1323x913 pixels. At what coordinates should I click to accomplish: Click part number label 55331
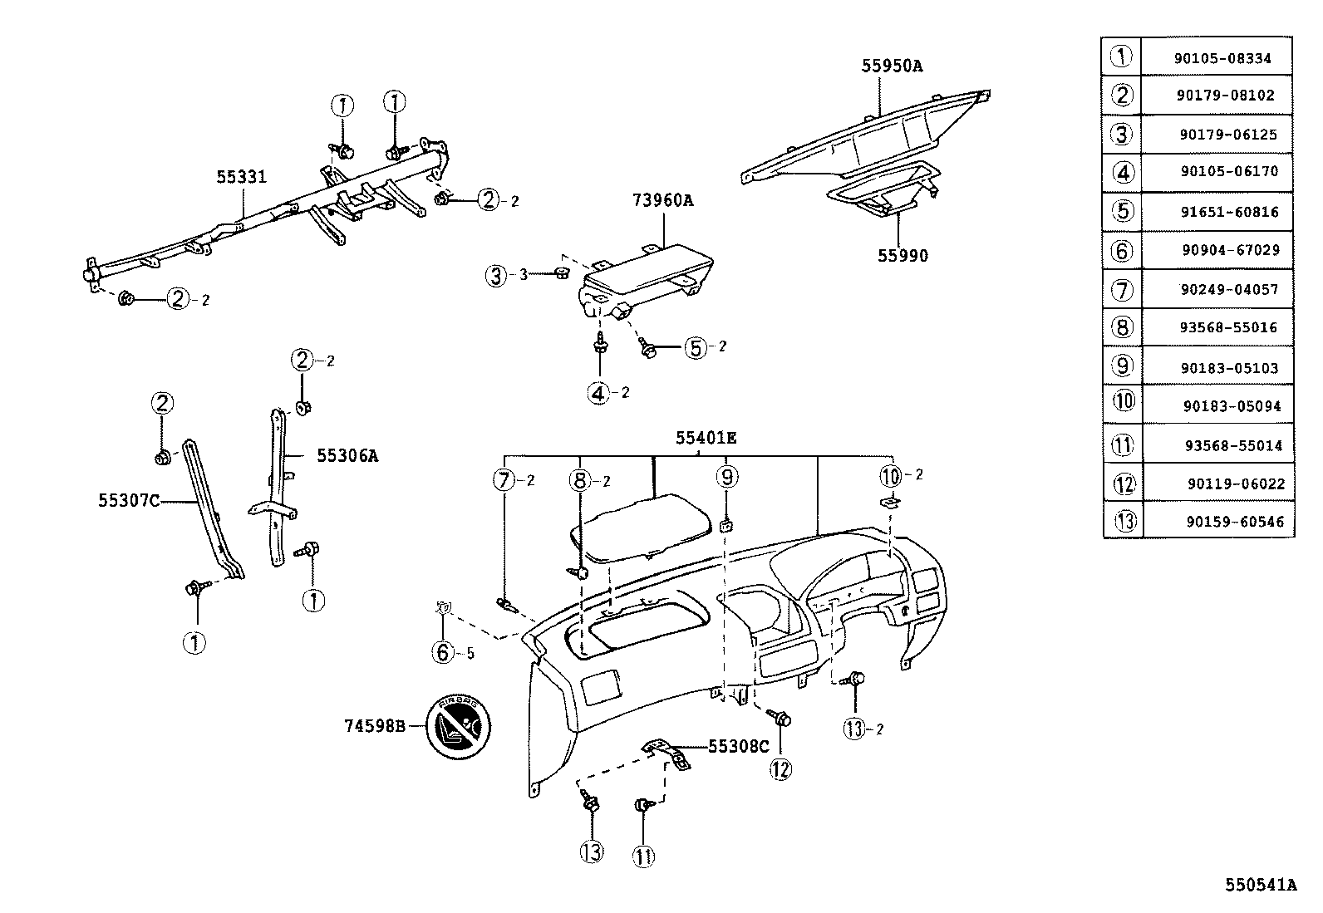click(x=241, y=177)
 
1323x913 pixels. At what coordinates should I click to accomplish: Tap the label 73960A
click(x=662, y=200)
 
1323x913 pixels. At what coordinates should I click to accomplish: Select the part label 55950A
click(x=892, y=66)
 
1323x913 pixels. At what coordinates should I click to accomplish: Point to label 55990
click(x=902, y=255)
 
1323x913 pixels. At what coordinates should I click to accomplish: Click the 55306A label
click(x=347, y=455)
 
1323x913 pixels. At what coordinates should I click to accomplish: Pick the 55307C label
click(x=129, y=500)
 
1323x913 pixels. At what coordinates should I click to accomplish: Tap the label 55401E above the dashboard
click(x=706, y=437)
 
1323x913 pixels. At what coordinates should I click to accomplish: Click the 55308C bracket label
click(x=739, y=746)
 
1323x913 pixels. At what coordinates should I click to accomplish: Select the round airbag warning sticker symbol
click(x=459, y=726)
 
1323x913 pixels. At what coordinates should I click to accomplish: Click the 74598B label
click(x=374, y=726)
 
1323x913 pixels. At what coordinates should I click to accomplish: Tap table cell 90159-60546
click(x=1234, y=522)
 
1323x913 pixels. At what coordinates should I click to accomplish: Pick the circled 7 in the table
click(x=1122, y=289)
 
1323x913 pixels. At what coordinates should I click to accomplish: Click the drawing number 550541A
click(x=1260, y=885)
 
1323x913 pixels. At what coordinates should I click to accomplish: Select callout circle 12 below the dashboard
click(x=780, y=769)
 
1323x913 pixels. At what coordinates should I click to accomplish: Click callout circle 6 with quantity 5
click(x=443, y=652)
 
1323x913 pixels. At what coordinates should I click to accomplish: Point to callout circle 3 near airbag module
click(x=496, y=275)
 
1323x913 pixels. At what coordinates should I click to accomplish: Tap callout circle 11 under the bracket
click(x=643, y=855)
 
